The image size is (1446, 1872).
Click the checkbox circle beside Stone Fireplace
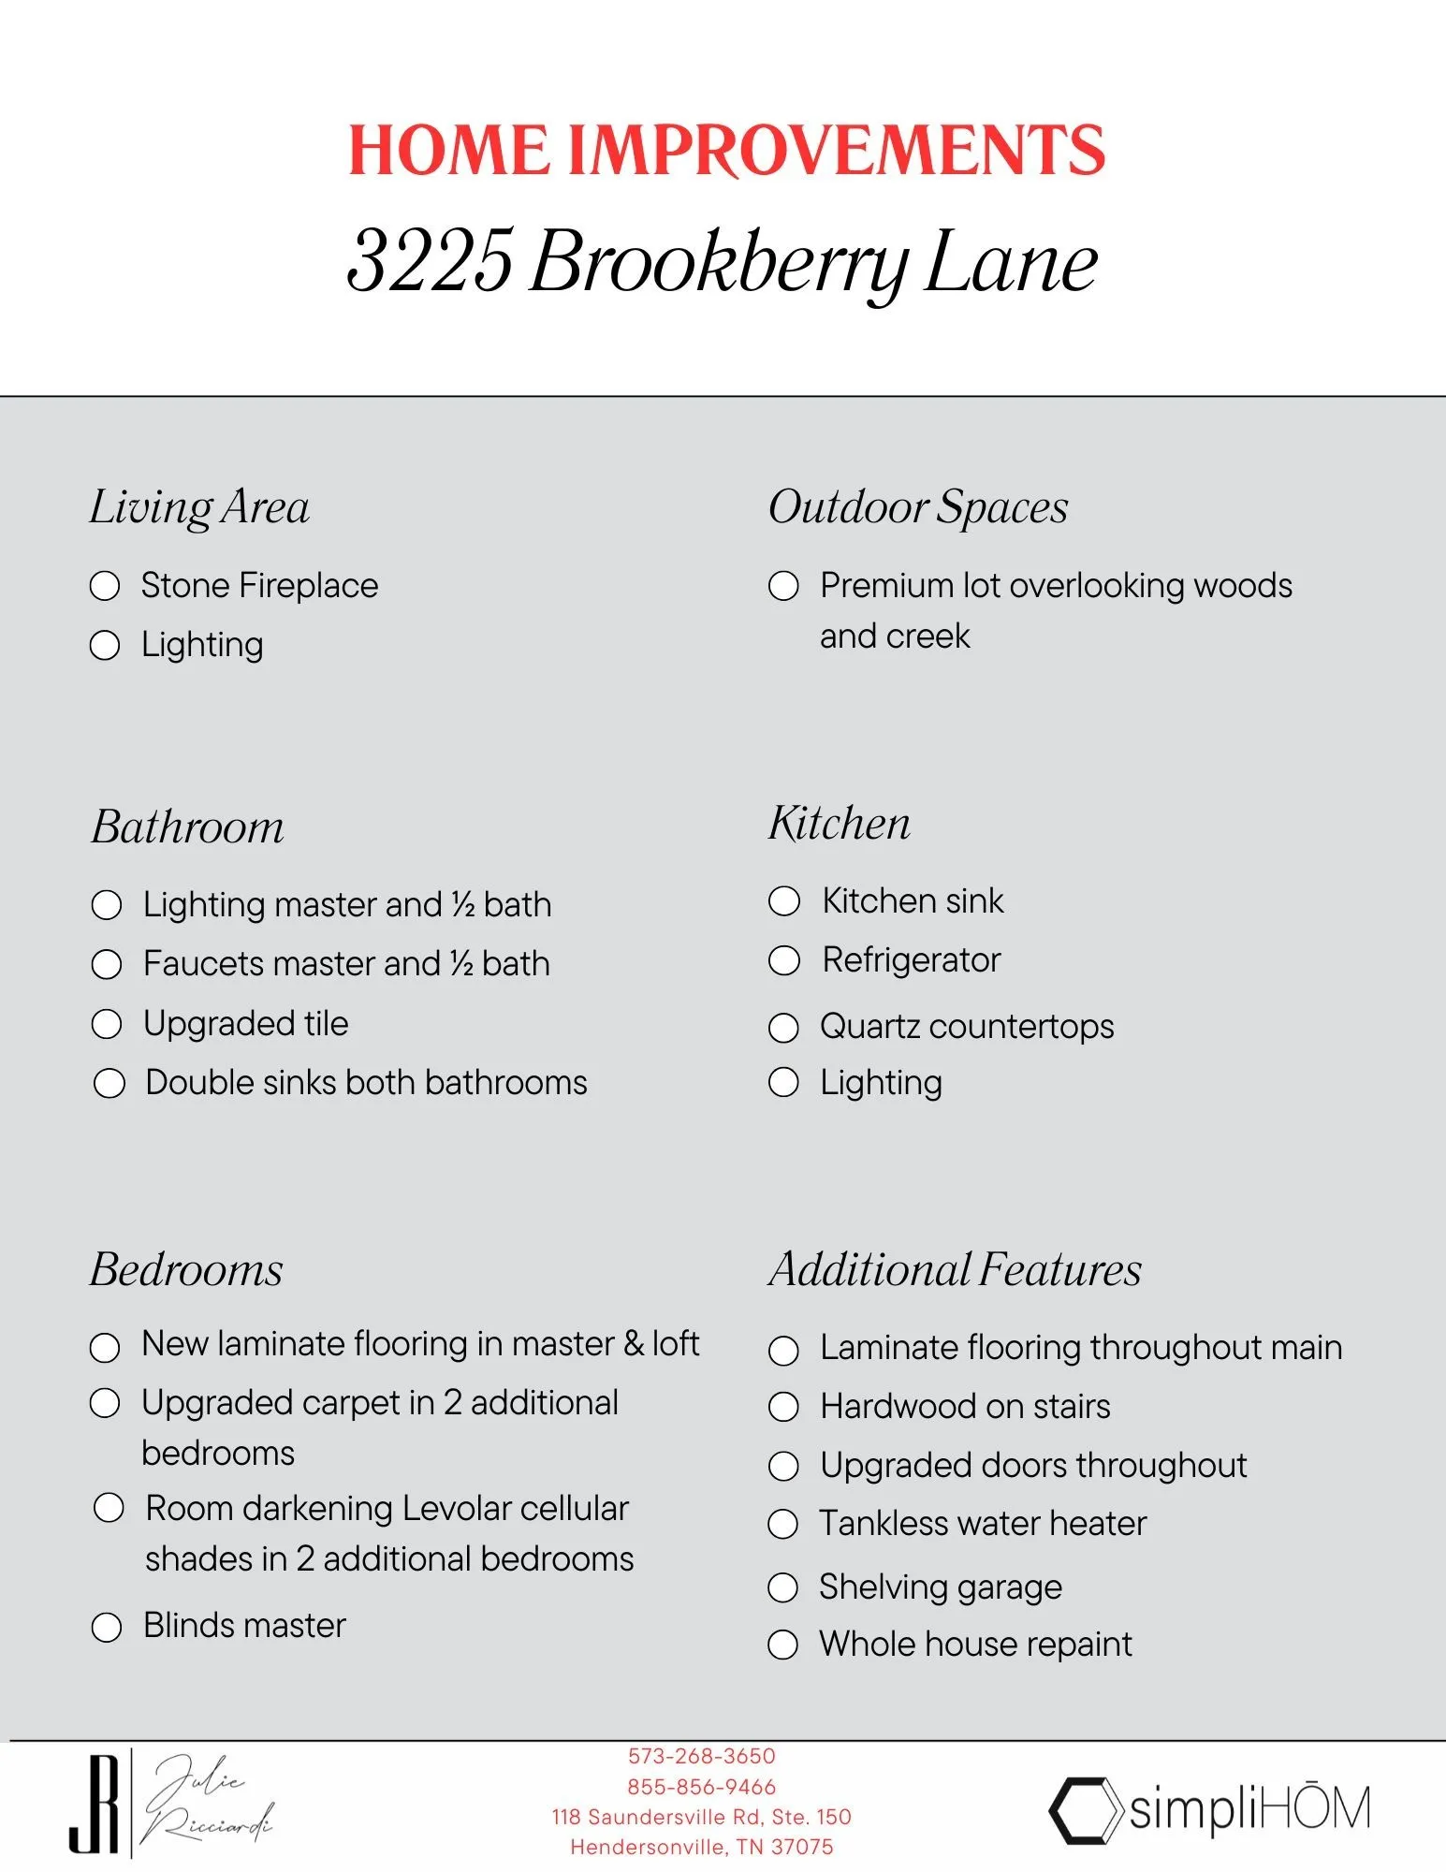click(x=105, y=586)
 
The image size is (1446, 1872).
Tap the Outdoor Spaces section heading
click(x=917, y=507)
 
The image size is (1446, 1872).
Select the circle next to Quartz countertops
click(x=783, y=1028)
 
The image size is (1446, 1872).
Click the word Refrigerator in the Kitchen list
click(x=911, y=960)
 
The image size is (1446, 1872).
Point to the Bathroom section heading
click(x=187, y=826)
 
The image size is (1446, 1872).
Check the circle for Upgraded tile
click(x=107, y=1024)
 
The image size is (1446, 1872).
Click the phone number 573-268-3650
click(x=701, y=1756)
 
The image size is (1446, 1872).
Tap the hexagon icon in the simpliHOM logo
click(x=1085, y=1810)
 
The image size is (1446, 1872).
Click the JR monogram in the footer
click(x=95, y=1804)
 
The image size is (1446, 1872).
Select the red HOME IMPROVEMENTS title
click(x=726, y=150)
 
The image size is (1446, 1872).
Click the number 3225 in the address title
click(x=430, y=260)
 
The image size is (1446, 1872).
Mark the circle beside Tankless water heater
click(x=782, y=1525)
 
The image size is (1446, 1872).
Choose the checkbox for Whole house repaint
click(x=782, y=1645)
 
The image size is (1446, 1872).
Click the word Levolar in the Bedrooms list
click(x=457, y=1509)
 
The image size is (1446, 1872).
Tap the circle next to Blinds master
click(x=107, y=1627)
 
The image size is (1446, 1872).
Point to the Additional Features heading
click(x=955, y=1270)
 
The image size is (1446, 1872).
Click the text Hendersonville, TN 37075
click(x=701, y=1847)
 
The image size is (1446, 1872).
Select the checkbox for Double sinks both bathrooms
click(x=110, y=1083)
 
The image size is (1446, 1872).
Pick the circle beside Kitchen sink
click(x=784, y=901)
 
